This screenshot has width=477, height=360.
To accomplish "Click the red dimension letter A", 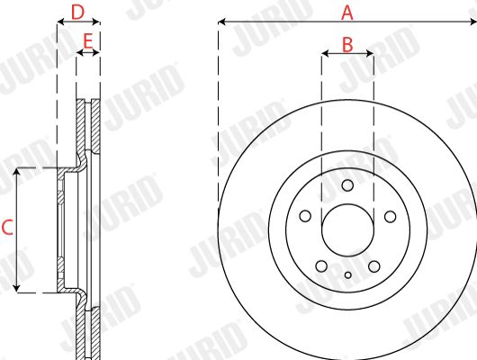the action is (347, 13).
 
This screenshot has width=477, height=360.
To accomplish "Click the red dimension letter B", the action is (347, 44).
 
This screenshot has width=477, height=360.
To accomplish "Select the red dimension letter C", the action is (7, 228).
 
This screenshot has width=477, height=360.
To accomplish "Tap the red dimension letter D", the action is (77, 13).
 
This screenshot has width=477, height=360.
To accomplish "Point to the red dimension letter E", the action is (87, 41).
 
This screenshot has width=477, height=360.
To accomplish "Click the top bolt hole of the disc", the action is (347, 185).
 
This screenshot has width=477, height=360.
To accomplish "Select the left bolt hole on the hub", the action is (305, 216).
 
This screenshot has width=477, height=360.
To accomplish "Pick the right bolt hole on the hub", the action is (390, 217).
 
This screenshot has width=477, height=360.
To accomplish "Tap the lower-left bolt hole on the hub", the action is (321, 266).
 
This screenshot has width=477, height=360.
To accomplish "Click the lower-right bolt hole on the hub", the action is (373, 266).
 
